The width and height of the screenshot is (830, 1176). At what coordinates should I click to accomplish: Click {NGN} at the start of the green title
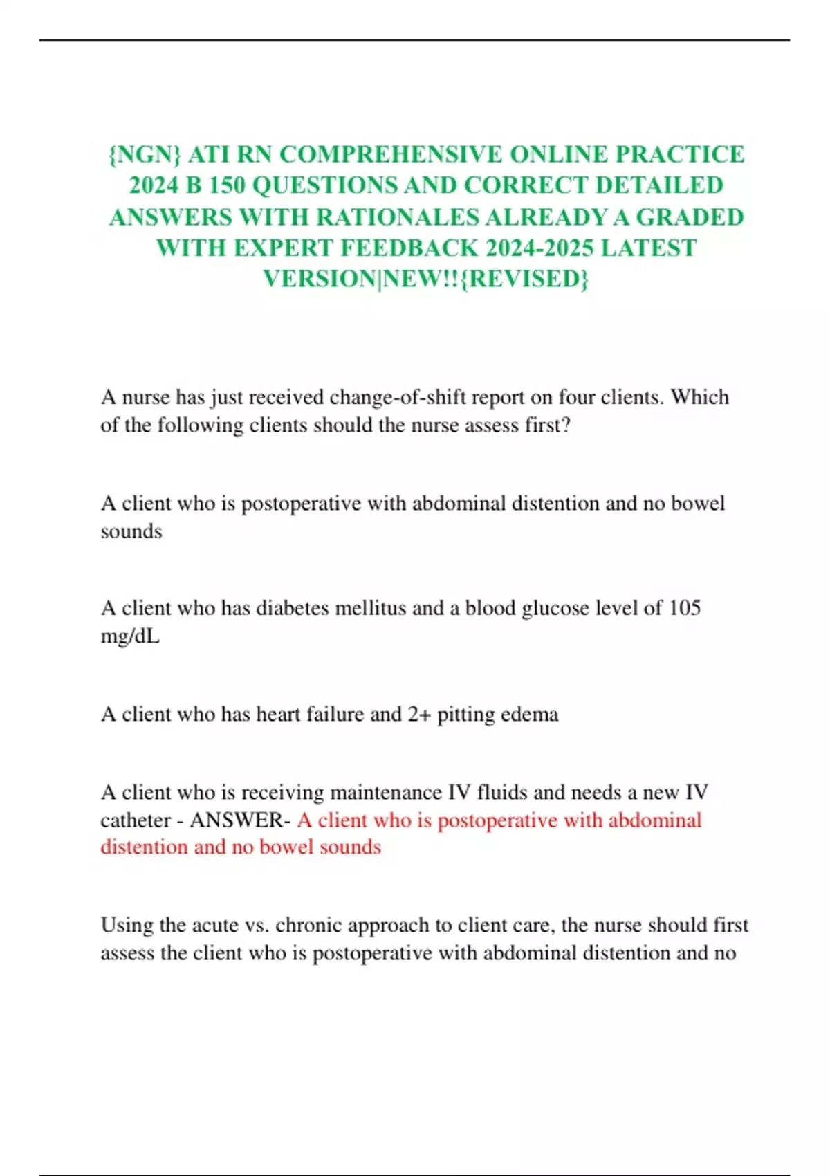click(145, 154)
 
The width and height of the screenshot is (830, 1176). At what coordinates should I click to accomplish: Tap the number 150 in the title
click(226, 185)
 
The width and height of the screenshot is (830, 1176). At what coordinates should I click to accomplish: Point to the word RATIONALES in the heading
click(397, 217)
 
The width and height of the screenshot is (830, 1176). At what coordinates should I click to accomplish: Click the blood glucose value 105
click(685, 608)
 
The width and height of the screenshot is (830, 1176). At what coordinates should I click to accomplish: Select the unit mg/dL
click(130, 636)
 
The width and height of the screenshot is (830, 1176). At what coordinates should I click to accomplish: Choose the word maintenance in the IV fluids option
click(387, 792)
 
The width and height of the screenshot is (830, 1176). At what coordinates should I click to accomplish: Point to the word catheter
click(135, 820)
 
